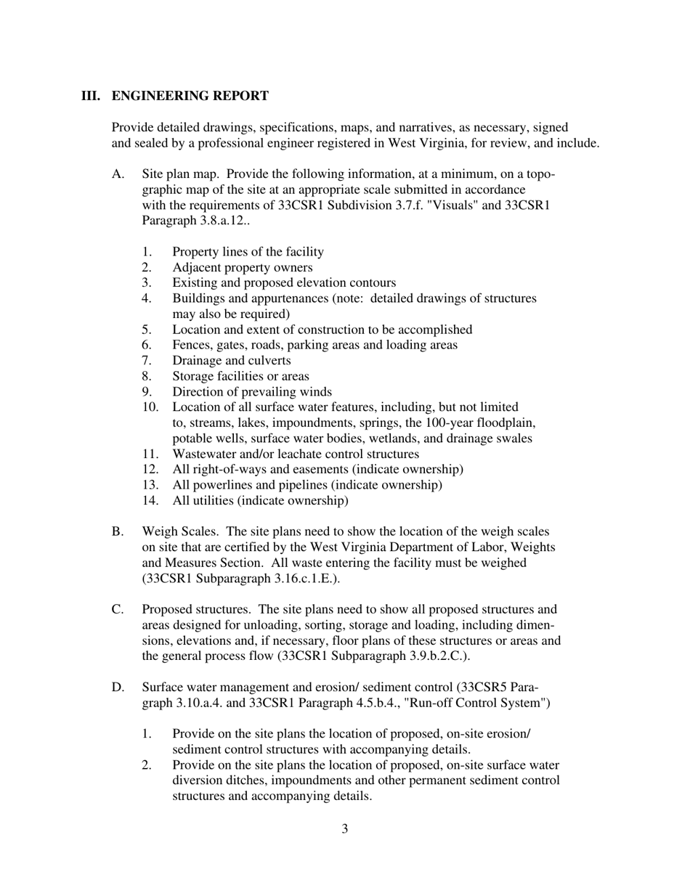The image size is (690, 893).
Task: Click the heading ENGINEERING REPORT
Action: [x=190, y=96]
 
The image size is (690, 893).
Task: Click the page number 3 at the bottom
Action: [x=344, y=828]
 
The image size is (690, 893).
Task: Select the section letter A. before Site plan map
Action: [x=118, y=174]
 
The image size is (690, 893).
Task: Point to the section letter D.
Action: [x=118, y=687]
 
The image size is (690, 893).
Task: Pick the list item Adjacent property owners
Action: [x=243, y=267]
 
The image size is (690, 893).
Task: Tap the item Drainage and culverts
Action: [x=231, y=361]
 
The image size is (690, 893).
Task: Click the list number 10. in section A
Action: [x=150, y=407]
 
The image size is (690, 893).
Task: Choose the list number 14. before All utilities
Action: [x=150, y=501]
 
